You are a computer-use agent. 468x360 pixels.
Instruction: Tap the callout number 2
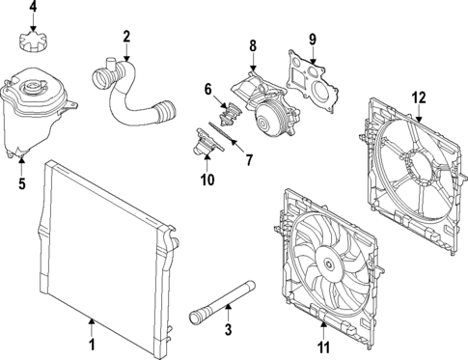[126, 38]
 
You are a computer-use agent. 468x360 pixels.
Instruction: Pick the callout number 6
[207, 89]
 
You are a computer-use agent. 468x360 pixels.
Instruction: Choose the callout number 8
[253, 45]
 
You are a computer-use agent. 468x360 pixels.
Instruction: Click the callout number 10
[206, 179]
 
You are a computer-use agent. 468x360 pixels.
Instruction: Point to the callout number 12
[418, 96]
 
